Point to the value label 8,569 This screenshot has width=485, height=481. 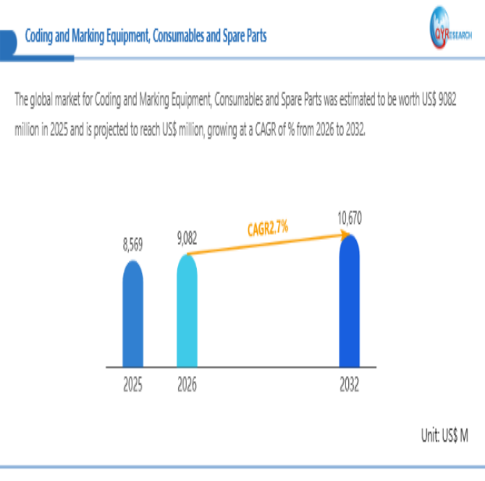[x=132, y=246]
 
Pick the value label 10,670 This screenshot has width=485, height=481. [x=350, y=217]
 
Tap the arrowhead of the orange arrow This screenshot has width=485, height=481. [x=342, y=233]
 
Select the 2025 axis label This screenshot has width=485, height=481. [x=132, y=386]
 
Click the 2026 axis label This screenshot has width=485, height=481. [x=187, y=386]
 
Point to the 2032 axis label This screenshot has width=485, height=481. [x=350, y=386]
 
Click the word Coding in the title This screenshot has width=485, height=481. [x=40, y=35]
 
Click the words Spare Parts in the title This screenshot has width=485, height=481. [x=243, y=35]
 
